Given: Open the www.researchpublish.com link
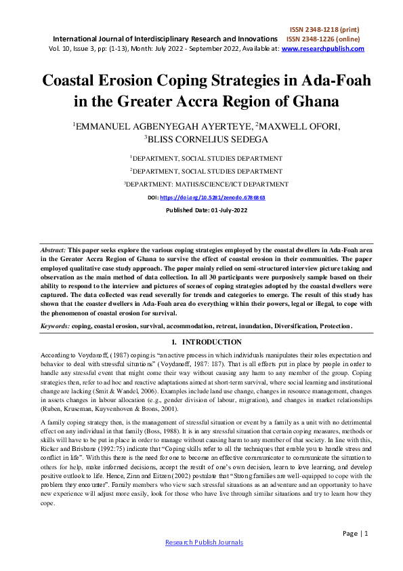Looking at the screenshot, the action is pyautogui.click(x=322, y=49).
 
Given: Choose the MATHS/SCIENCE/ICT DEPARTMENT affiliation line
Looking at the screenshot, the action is pyautogui.click(x=206, y=184).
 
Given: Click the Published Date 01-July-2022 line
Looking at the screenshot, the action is pyautogui.click(x=207, y=210).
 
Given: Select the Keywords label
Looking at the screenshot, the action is pyautogui.click(x=56, y=326).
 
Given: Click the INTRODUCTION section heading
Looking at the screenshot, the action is pyautogui.click(x=211, y=342).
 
